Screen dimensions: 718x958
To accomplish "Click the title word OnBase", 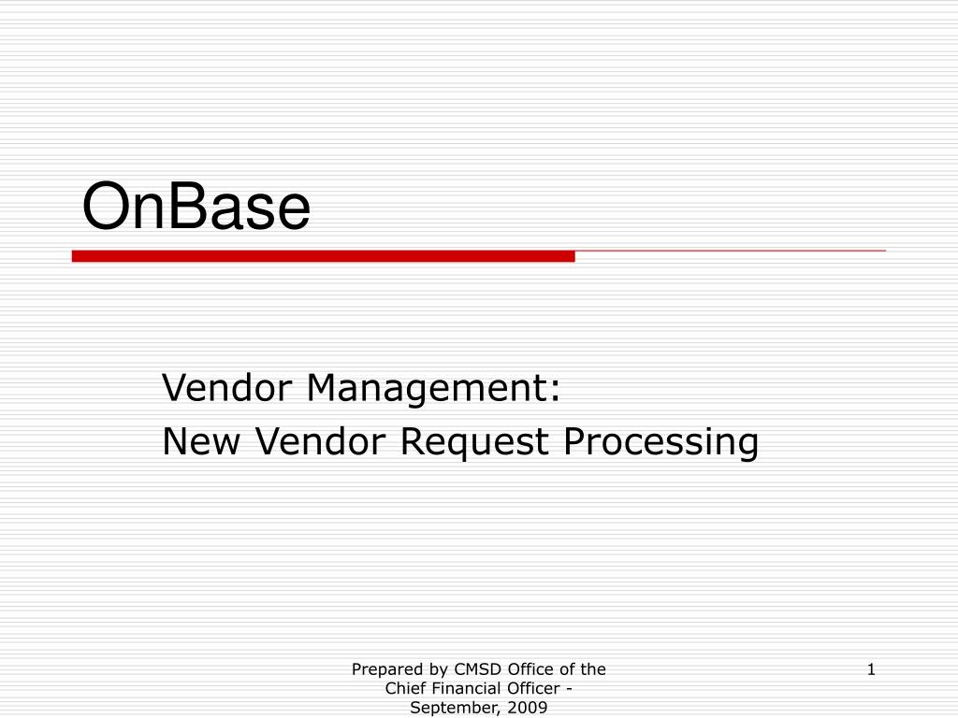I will [x=196, y=208].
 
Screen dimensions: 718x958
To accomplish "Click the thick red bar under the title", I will [x=323, y=256].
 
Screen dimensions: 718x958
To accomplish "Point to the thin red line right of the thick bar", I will [x=730, y=251].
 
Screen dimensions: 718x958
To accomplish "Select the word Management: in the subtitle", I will [x=434, y=387].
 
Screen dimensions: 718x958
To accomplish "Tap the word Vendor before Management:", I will [x=229, y=387].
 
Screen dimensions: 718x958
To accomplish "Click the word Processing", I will [x=660, y=441].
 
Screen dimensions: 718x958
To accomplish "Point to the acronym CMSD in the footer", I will [x=477, y=669].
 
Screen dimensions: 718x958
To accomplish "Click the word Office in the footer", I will [x=530, y=669].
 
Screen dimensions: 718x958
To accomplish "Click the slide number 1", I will [x=871, y=669].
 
